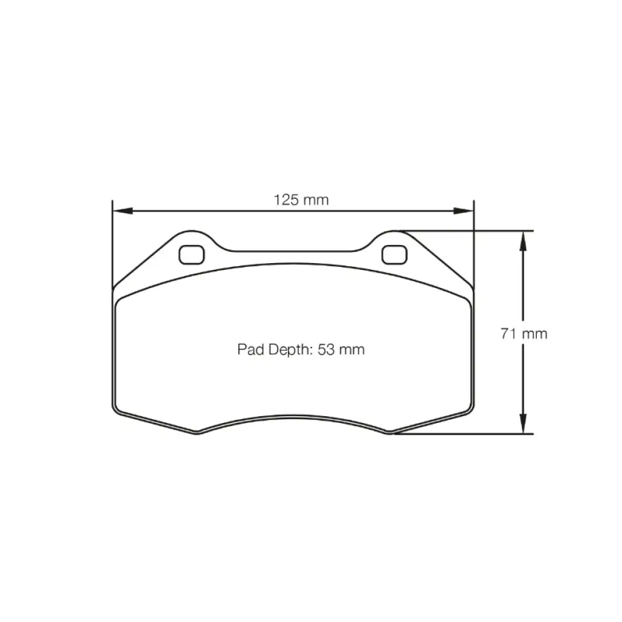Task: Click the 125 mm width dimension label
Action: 301,200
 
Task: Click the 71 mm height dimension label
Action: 524,333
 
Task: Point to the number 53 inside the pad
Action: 327,350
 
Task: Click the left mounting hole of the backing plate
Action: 191,254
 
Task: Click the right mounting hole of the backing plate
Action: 394,254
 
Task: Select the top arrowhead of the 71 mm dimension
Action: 524,240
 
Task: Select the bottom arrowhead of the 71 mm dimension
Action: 524,424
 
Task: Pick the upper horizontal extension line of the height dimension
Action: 466,231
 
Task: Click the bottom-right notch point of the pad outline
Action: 390,433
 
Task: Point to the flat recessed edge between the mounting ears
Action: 292,251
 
